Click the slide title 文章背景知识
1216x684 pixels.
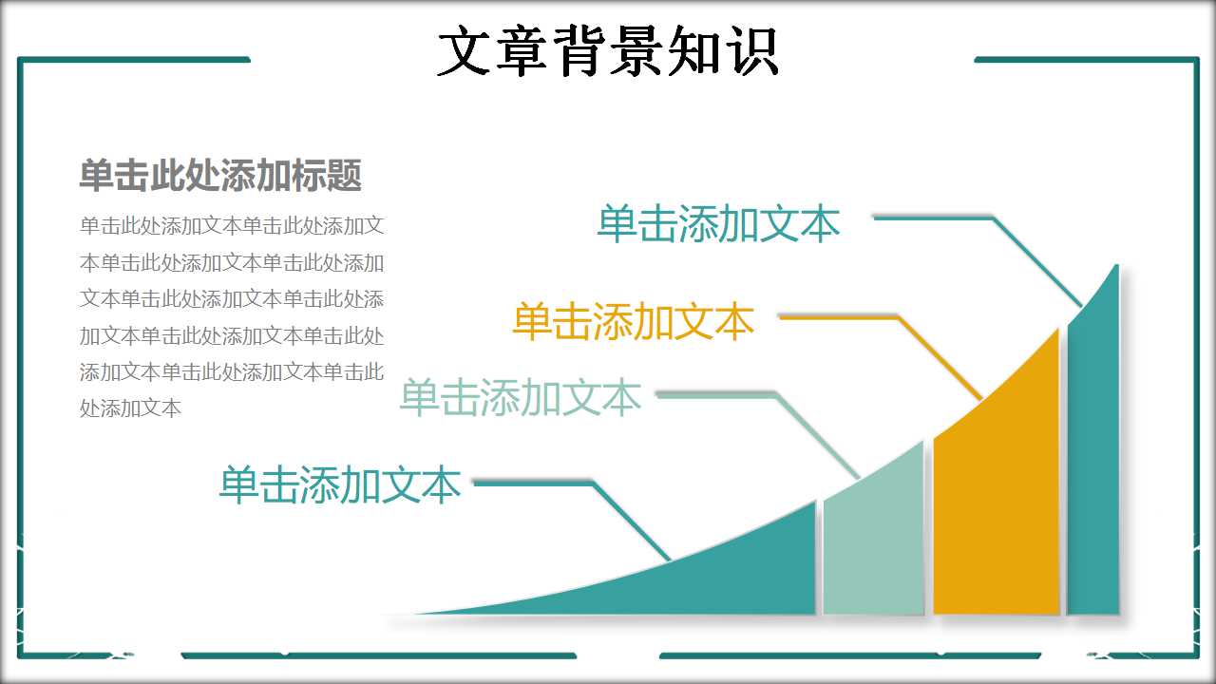click(x=608, y=50)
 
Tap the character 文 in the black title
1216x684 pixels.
click(x=463, y=51)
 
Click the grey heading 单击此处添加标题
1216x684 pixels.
click(x=220, y=176)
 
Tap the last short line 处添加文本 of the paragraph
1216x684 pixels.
click(x=130, y=408)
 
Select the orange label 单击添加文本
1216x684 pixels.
click(x=633, y=322)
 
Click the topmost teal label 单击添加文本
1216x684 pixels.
click(x=718, y=224)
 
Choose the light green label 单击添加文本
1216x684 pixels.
click(x=520, y=397)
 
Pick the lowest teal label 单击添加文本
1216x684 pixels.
click(x=339, y=484)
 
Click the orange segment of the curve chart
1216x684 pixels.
click(x=996, y=513)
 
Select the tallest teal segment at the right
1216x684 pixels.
click(x=1093, y=475)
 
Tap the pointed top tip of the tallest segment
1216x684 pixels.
click(x=1117, y=268)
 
